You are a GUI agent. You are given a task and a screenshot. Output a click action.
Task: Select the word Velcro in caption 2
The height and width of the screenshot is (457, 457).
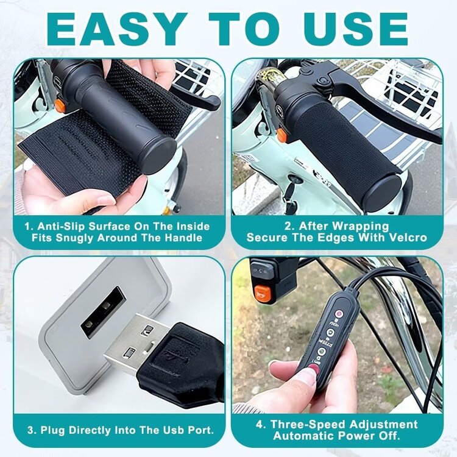[409, 238]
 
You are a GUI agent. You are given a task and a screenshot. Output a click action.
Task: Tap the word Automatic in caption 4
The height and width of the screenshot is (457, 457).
[302, 436]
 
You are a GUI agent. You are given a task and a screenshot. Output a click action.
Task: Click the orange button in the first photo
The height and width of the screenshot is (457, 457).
[60, 106]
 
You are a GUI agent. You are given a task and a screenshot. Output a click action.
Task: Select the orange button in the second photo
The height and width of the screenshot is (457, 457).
[282, 135]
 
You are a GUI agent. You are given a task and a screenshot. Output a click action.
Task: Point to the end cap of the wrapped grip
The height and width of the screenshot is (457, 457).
[383, 193]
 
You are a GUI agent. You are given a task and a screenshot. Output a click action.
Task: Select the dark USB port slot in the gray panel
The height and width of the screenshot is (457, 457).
[103, 311]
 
